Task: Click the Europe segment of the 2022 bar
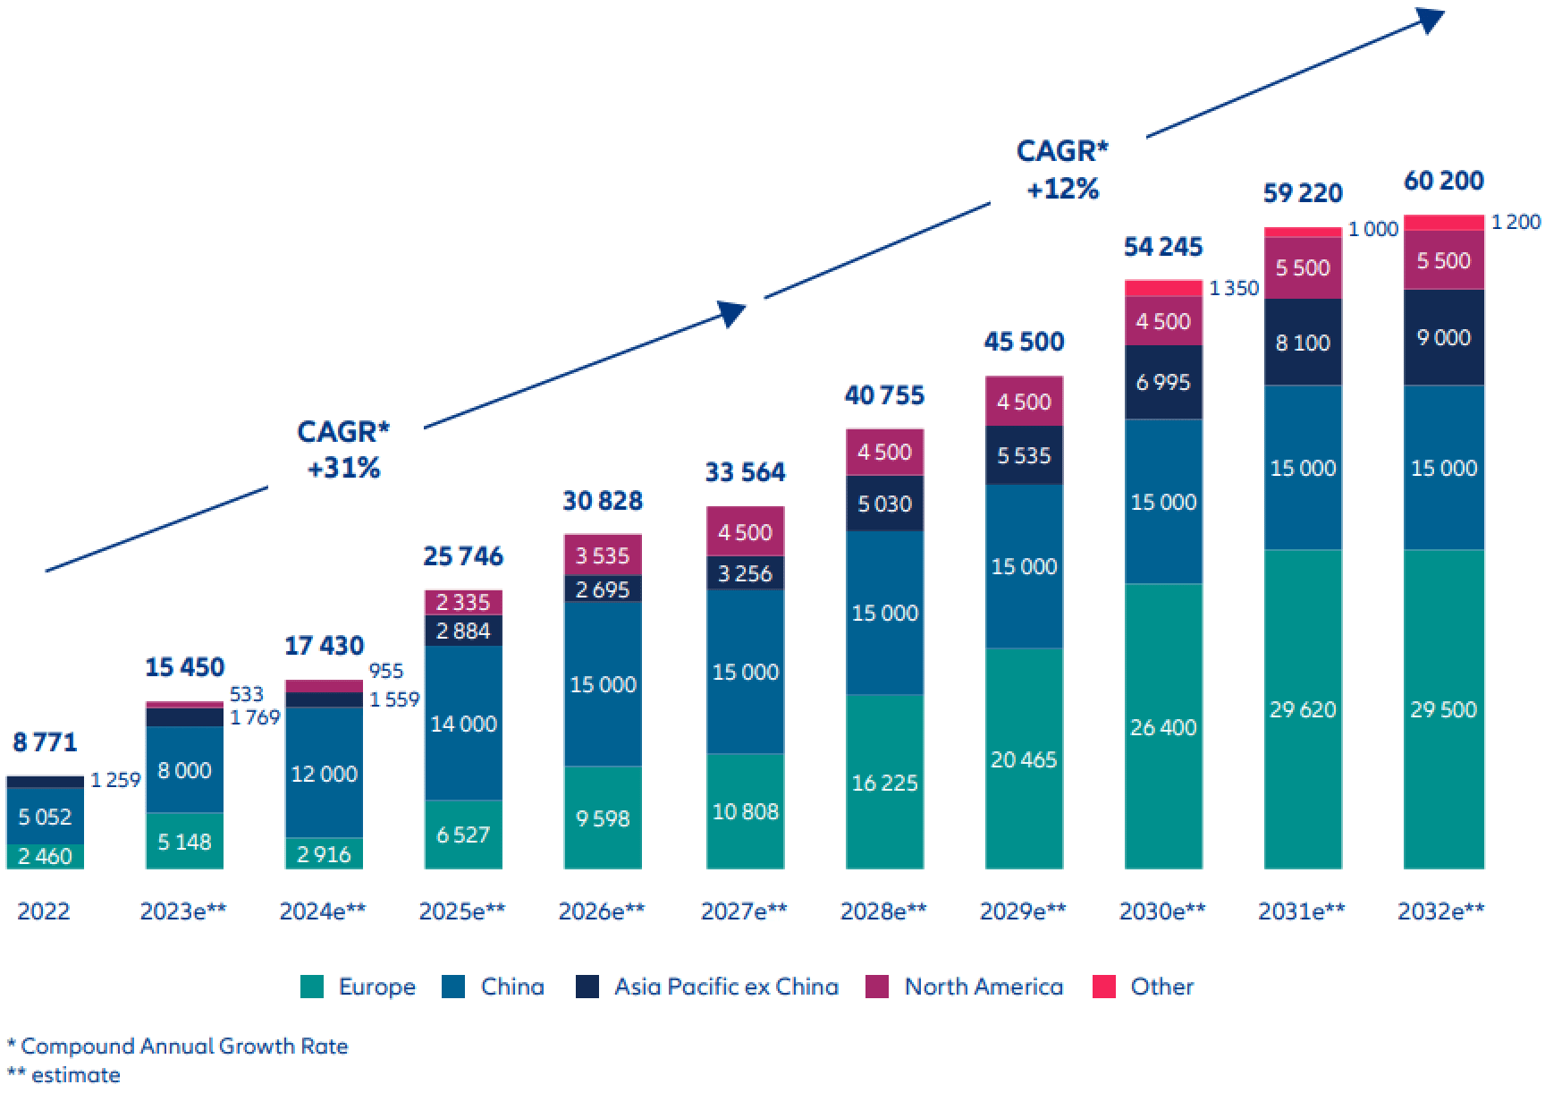click(45, 856)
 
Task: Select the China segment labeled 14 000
click(463, 723)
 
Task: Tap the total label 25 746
click(463, 556)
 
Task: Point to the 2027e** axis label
click(744, 911)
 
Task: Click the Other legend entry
click(1144, 987)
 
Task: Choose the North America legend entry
click(966, 987)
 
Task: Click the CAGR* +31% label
click(343, 449)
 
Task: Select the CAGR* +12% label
click(1062, 169)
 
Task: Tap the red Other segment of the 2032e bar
click(1443, 223)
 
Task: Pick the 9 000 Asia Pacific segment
click(1443, 337)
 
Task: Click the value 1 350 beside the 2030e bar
click(1234, 288)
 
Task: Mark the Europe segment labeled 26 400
click(1163, 726)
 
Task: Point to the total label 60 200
click(1443, 181)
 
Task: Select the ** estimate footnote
click(63, 1074)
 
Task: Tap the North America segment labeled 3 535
click(603, 555)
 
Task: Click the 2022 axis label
click(44, 911)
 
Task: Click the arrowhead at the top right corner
click(1431, 19)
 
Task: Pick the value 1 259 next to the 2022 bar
click(115, 780)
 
